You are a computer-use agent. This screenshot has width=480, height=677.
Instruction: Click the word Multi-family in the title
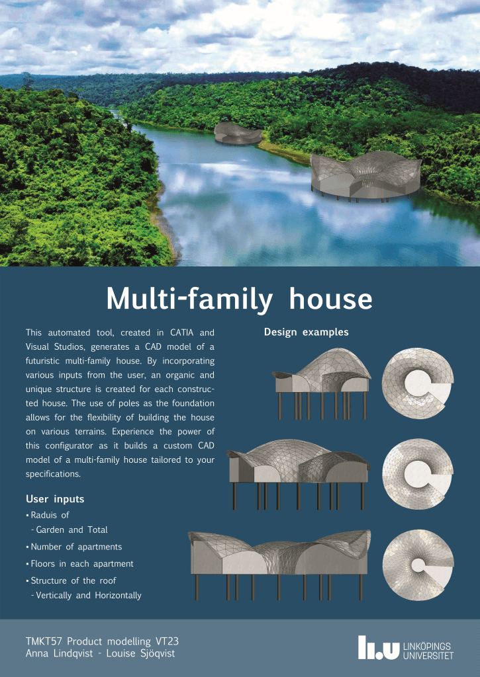pos(189,299)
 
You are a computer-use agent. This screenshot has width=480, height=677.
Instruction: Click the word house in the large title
pos(331,299)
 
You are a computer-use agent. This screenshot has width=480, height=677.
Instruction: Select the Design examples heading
pos(306,332)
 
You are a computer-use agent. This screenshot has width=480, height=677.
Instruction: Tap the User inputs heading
pos(55,499)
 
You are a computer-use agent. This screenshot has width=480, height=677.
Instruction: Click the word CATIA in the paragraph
pos(181,333)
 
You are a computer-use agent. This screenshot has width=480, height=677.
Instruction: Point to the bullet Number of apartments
pos(74,547)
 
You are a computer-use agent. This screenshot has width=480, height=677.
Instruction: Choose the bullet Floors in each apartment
pos(80,563)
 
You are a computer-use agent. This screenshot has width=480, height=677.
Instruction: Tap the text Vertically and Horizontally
pos(86,596)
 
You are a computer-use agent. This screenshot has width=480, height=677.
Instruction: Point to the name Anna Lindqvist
pos(59,653)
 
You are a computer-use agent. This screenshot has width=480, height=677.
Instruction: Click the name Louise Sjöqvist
pos(140,653)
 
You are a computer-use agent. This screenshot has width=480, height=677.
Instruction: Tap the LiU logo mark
pos(379,647)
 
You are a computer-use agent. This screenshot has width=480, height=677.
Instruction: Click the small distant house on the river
pos(238,133)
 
